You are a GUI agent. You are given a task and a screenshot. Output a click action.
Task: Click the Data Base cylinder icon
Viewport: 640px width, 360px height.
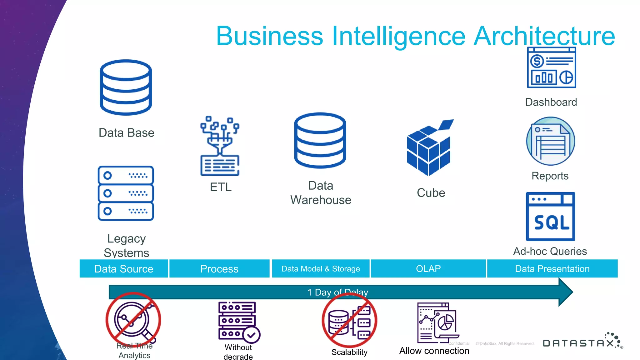[126, 87]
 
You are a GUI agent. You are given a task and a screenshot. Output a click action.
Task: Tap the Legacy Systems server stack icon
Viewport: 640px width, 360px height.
[126, 193]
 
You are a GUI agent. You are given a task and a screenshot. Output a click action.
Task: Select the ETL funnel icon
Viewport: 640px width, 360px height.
[220, 146]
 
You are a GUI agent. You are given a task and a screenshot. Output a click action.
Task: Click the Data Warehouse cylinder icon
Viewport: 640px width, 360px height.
[320, 140]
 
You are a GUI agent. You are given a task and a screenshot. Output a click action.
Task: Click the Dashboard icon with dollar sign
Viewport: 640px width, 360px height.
[552, 67]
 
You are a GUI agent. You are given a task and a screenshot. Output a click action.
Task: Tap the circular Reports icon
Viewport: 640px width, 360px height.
[551, 141]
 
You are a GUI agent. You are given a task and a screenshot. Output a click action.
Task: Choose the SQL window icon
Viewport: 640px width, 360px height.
[551, 217]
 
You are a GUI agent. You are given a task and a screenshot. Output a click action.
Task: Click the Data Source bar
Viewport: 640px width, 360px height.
[124, 269]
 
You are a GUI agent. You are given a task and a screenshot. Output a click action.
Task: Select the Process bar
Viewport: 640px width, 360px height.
[219, 269]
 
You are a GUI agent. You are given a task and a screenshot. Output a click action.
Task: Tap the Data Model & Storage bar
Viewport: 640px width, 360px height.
[321, 269]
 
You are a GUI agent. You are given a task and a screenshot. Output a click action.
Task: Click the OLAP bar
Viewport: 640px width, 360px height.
[428, 269]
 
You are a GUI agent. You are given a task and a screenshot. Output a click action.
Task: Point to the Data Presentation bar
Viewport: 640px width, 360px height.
[552, 269]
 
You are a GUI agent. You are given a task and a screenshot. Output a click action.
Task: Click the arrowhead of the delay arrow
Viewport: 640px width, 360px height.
[566, 292]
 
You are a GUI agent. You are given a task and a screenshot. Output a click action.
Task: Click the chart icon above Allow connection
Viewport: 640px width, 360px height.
[437, 323]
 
